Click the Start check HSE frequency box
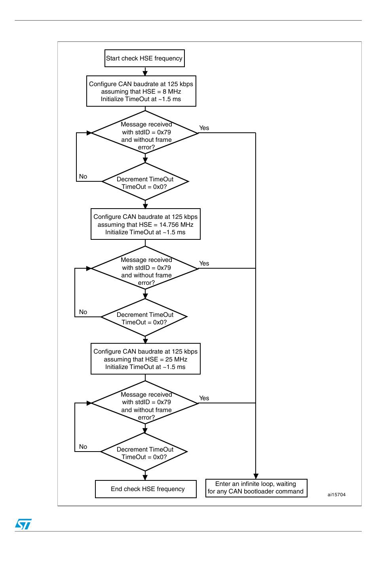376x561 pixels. click(144, 58)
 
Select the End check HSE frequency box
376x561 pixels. click(146, 489)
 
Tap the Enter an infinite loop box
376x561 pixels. click(256, 488)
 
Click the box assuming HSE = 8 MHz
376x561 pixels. click(141, 91)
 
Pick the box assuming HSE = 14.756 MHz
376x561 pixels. click(146, 224)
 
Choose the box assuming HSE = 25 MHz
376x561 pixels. click(146, 359)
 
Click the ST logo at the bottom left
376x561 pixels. click(23, 524)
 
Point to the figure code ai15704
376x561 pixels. click(336, 495)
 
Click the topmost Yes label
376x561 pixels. click(204, 128)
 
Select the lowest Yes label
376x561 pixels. click(204, 398)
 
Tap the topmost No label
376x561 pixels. click(83, 177)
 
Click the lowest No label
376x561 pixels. click(83, 446)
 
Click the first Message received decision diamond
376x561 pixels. click(145, 133)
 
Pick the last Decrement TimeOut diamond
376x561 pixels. click(144, 452)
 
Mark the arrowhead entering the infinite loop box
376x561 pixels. click(256, 476)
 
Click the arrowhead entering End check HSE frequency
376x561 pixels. click(145, 477)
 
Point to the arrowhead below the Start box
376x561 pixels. click(145, 73)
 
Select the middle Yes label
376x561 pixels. click(204, 263)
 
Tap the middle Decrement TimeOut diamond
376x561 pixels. click(144, 317)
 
